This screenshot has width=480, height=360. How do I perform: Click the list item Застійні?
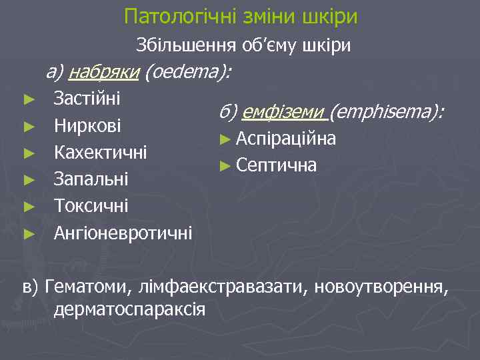coord(87,99)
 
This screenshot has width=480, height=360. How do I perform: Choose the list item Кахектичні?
coord(101,153)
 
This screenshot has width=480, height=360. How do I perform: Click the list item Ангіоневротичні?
coord(123,233)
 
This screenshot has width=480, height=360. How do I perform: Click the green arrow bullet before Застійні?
coord(27,99)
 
